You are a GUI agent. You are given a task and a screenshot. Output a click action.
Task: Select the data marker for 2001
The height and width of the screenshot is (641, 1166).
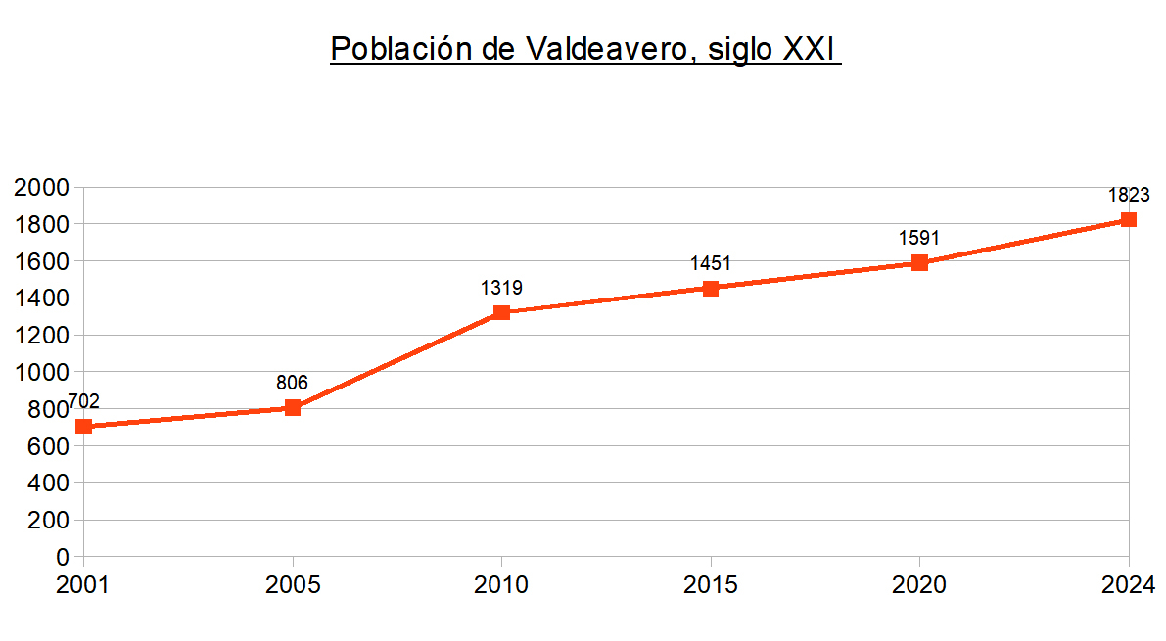tap(84, 426)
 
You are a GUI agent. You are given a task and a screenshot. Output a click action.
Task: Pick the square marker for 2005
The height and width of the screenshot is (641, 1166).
tap(293, 407)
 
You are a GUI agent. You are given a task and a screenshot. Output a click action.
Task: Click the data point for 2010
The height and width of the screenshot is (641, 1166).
tap(501, 312)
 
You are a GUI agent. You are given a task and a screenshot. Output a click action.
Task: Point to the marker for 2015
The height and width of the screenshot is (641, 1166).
tap(711, 288)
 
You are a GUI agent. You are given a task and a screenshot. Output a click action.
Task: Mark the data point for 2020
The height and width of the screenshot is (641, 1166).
tap(919, 262)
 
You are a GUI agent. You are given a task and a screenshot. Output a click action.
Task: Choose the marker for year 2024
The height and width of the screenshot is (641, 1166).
tap(1128, 219)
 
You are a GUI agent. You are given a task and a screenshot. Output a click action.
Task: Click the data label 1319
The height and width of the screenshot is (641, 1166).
tap(501, 288)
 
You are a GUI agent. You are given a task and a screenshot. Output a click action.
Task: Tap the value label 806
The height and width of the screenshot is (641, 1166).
tap(292, 383)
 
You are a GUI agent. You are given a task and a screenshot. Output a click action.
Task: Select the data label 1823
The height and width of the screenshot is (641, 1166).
tap(1128, 195)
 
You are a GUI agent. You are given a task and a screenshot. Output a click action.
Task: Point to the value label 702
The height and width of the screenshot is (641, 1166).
tap(83, 401)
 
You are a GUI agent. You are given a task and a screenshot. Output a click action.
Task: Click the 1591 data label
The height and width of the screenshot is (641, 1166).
tap(919, 238)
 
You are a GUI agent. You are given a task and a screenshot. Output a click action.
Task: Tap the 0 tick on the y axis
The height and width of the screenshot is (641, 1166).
tap(64, 557)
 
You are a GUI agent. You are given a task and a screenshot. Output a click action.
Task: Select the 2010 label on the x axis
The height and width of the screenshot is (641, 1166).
tap(501, 585)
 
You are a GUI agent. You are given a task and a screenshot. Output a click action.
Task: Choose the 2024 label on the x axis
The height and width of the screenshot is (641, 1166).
tap(1128, 585)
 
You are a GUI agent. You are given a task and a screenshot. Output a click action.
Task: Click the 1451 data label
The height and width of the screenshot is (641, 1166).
tap(711, 263)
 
